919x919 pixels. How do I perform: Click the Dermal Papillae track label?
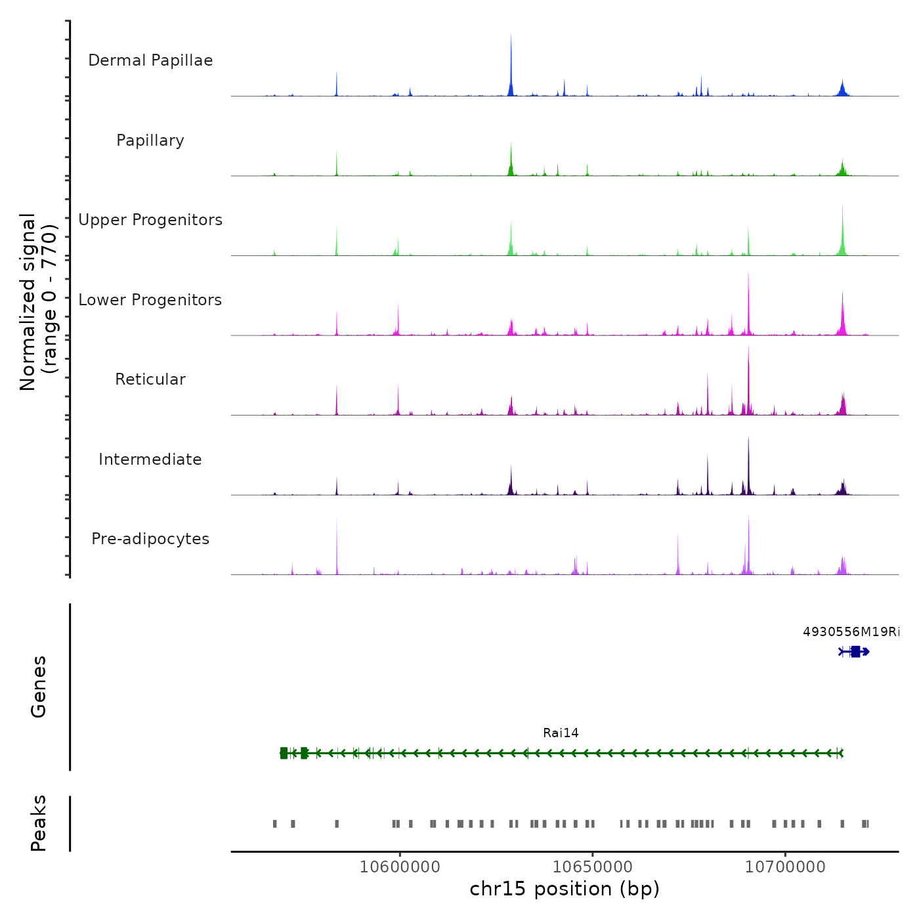[150, 60]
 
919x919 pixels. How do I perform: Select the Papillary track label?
[150, 140]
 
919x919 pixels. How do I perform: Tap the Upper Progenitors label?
[150, 220]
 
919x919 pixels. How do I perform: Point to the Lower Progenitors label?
[150, 300]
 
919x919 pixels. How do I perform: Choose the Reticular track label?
[150, 379]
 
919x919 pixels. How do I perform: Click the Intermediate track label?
[150, 460]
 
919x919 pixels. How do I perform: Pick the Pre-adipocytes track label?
[150, 539]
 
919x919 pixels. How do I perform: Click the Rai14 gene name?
[561, 733]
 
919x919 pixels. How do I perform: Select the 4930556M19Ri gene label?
[851, 632]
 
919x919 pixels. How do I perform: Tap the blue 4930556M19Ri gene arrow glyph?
[855, 652]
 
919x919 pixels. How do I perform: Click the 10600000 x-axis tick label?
[400, 867]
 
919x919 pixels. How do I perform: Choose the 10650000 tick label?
[593, 867]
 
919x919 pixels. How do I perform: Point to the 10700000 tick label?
[785, 867]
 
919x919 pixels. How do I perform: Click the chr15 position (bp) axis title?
[565, 889]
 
